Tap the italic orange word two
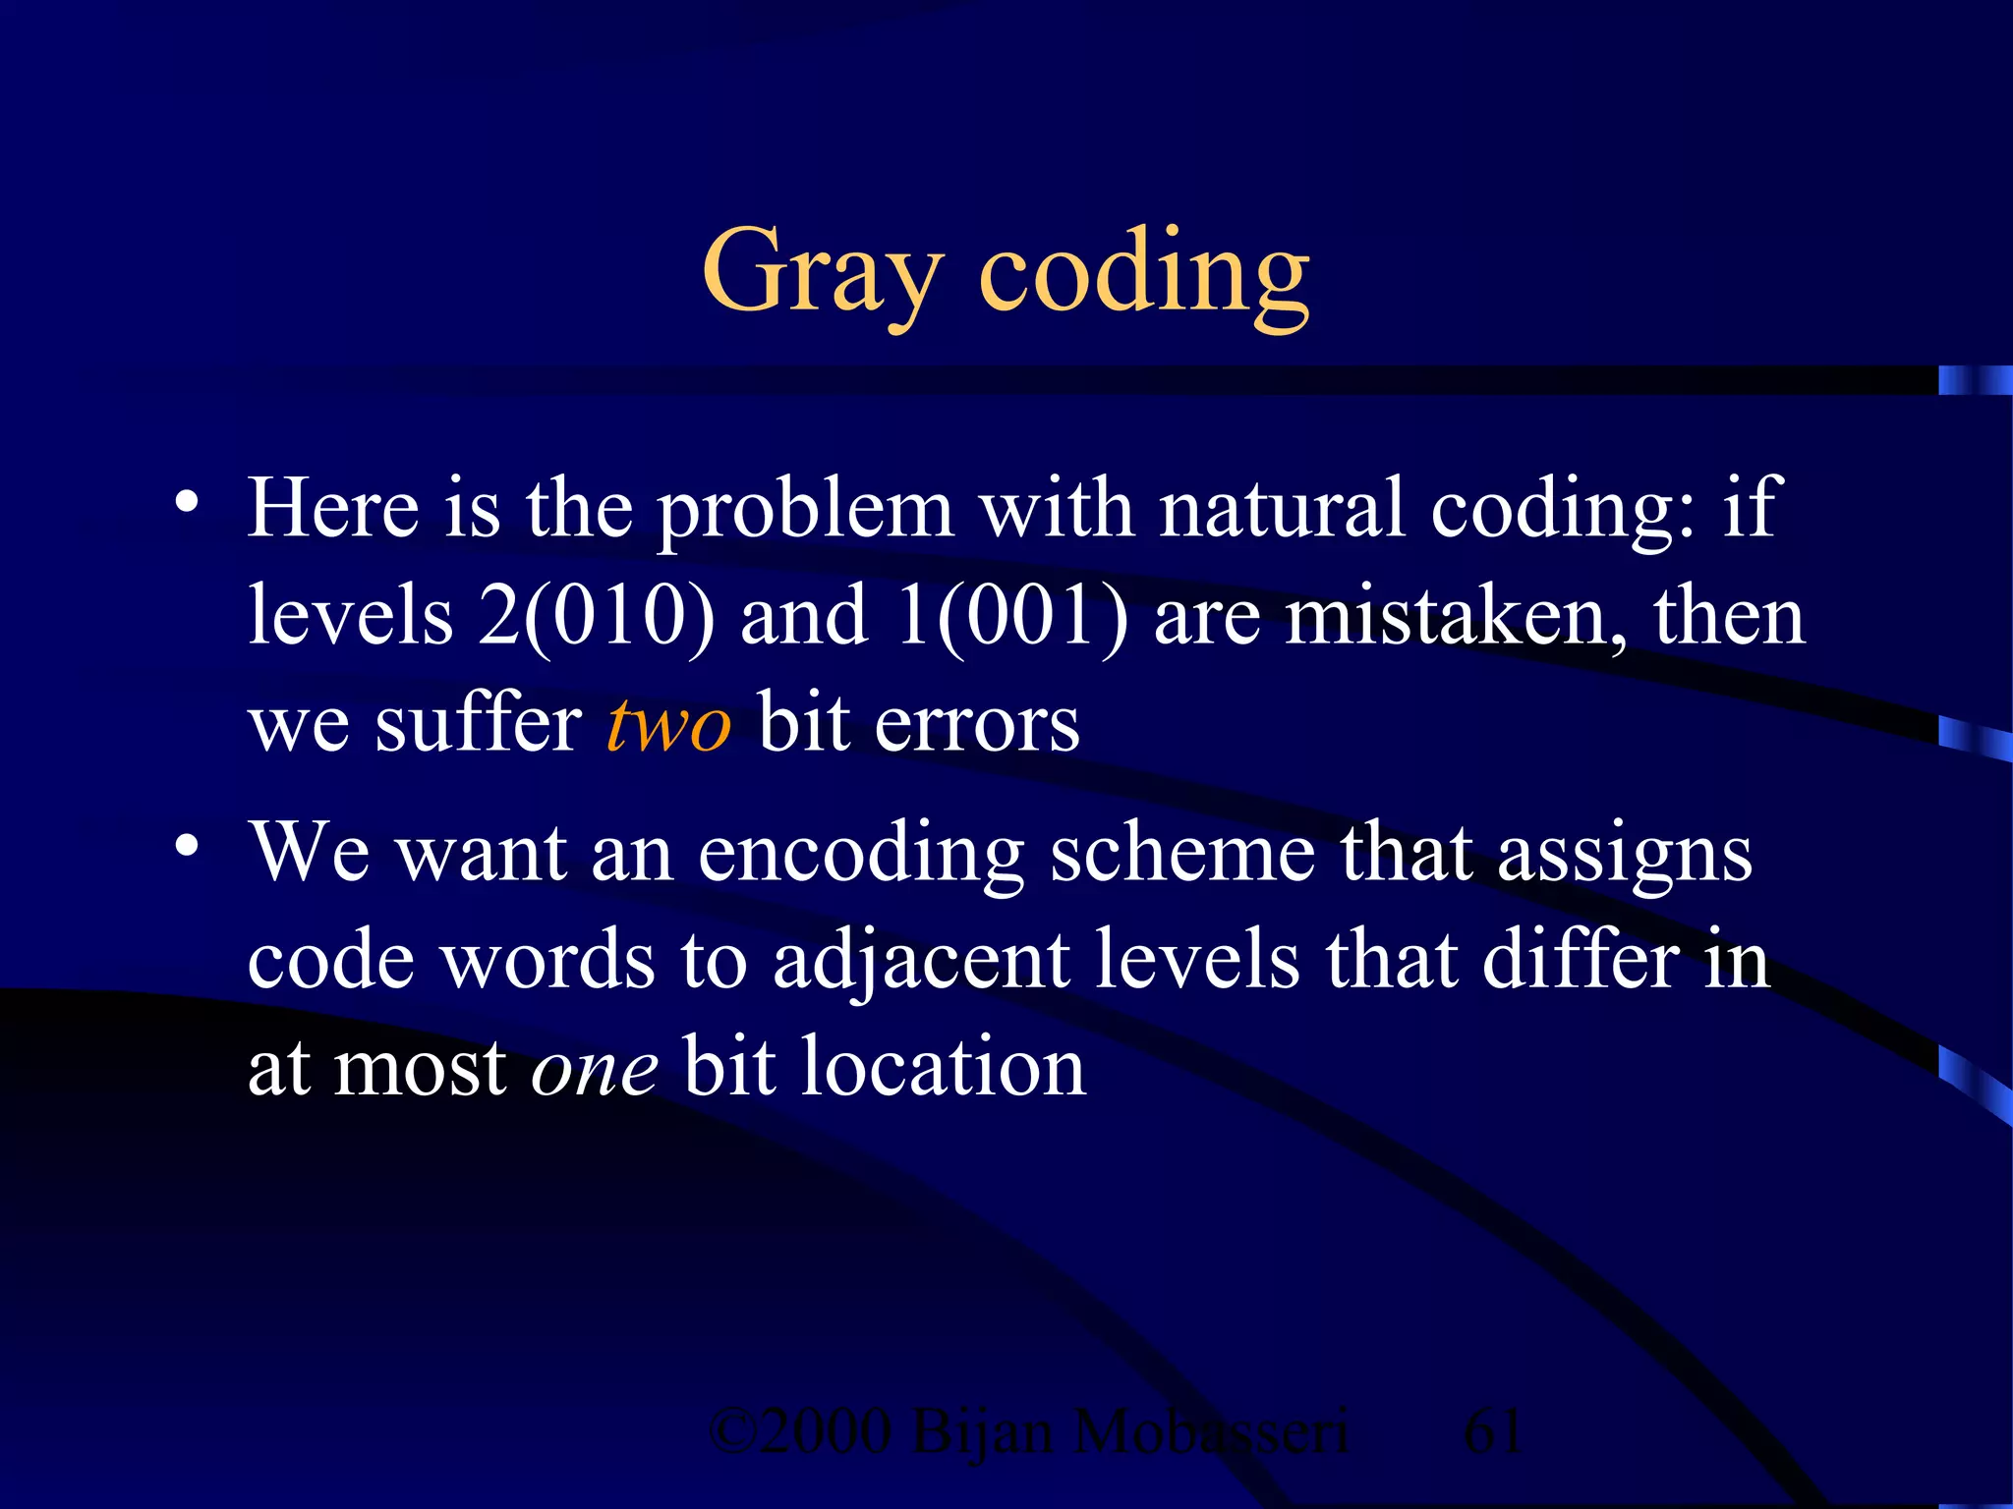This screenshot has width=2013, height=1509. [x=668, y=725]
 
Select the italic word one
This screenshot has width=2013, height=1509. [x=594, y=1069]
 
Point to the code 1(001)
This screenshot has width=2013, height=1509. [x=1012, y=617]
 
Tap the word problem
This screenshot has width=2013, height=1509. [x=805, y=511]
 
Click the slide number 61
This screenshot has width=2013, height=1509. [x=1493, y=1431]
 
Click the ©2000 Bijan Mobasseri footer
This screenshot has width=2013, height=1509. [x=1028, y=1431]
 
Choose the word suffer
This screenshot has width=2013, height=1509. [x=479, y=725]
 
